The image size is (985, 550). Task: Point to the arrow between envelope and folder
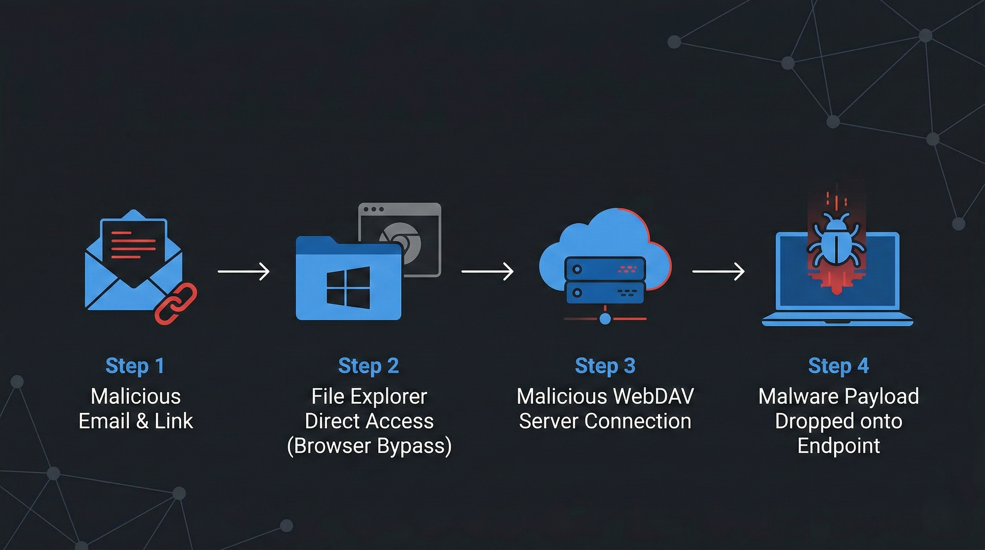point(244,271)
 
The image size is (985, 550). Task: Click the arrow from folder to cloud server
point(487,271)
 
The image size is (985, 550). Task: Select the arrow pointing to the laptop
point(718,271)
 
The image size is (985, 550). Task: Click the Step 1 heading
point(135,366)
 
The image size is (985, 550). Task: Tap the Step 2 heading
point(369,366)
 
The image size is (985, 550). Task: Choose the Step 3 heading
point(605,366)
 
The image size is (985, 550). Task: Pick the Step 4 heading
point(838,366)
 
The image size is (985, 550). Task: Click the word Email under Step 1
point(104,421)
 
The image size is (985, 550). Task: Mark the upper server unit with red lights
point(605,269)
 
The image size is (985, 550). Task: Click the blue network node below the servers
point(605,318)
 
